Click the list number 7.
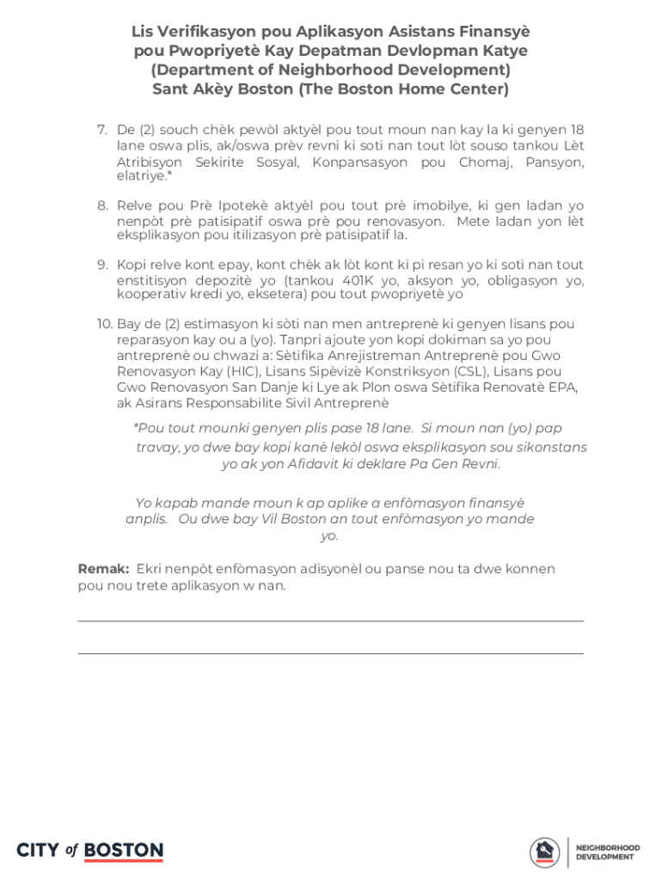pyautogui.click(x=101, y=130)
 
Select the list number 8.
pyautogui.click(x=101, y=206)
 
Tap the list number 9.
pyautogui.click(x=101, y=265)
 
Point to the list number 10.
pyautogui.click(x=104, y=324)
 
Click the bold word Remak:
pyautogui.click(x=103, y=569)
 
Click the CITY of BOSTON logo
pyautogui.click(x=89, y=851)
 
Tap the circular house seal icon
pyautogui.click(x=544, y=852)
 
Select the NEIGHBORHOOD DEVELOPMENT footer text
pyautogui.click(x=607, y=852)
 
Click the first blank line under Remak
pyautogui.click(x=330, y=620)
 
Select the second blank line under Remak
pyautogui.click(x=330, y=653)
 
